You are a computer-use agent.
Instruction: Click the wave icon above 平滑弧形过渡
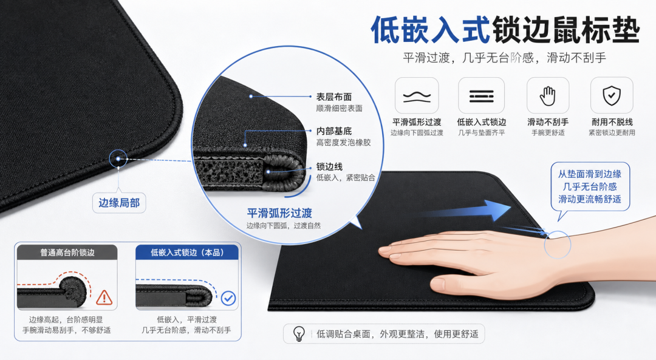[x=417, y=97]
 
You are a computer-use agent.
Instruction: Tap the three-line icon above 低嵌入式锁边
[x=481, y=96]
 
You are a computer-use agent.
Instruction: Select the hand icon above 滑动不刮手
[x=547, y=96]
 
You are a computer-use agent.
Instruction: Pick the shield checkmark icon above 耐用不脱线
[x=611, y=96]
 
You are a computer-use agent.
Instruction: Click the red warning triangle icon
[x=104, y=297]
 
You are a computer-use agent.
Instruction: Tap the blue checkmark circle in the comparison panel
[x=228, y=298]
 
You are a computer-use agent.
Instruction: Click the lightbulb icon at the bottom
[x=299, y=334]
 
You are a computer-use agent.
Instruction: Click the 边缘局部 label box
[x=119, y=203]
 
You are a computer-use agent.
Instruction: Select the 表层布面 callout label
[x=334, y=97]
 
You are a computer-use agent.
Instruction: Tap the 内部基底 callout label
[x=334, y=131]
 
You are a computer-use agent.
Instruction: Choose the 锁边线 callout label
[x=329, y=166]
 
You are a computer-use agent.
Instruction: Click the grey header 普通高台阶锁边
[x=67, y=253]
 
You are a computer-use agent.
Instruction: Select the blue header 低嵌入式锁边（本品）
[x=187, y=253]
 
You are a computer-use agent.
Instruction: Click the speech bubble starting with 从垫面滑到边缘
[x=589, y=187]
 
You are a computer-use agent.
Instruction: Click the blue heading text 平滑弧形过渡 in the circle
[x=279, y=213]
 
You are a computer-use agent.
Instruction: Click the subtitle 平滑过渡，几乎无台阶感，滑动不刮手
[x=504, y=58]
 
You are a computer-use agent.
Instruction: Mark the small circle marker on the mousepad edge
[x=118, y=159]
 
